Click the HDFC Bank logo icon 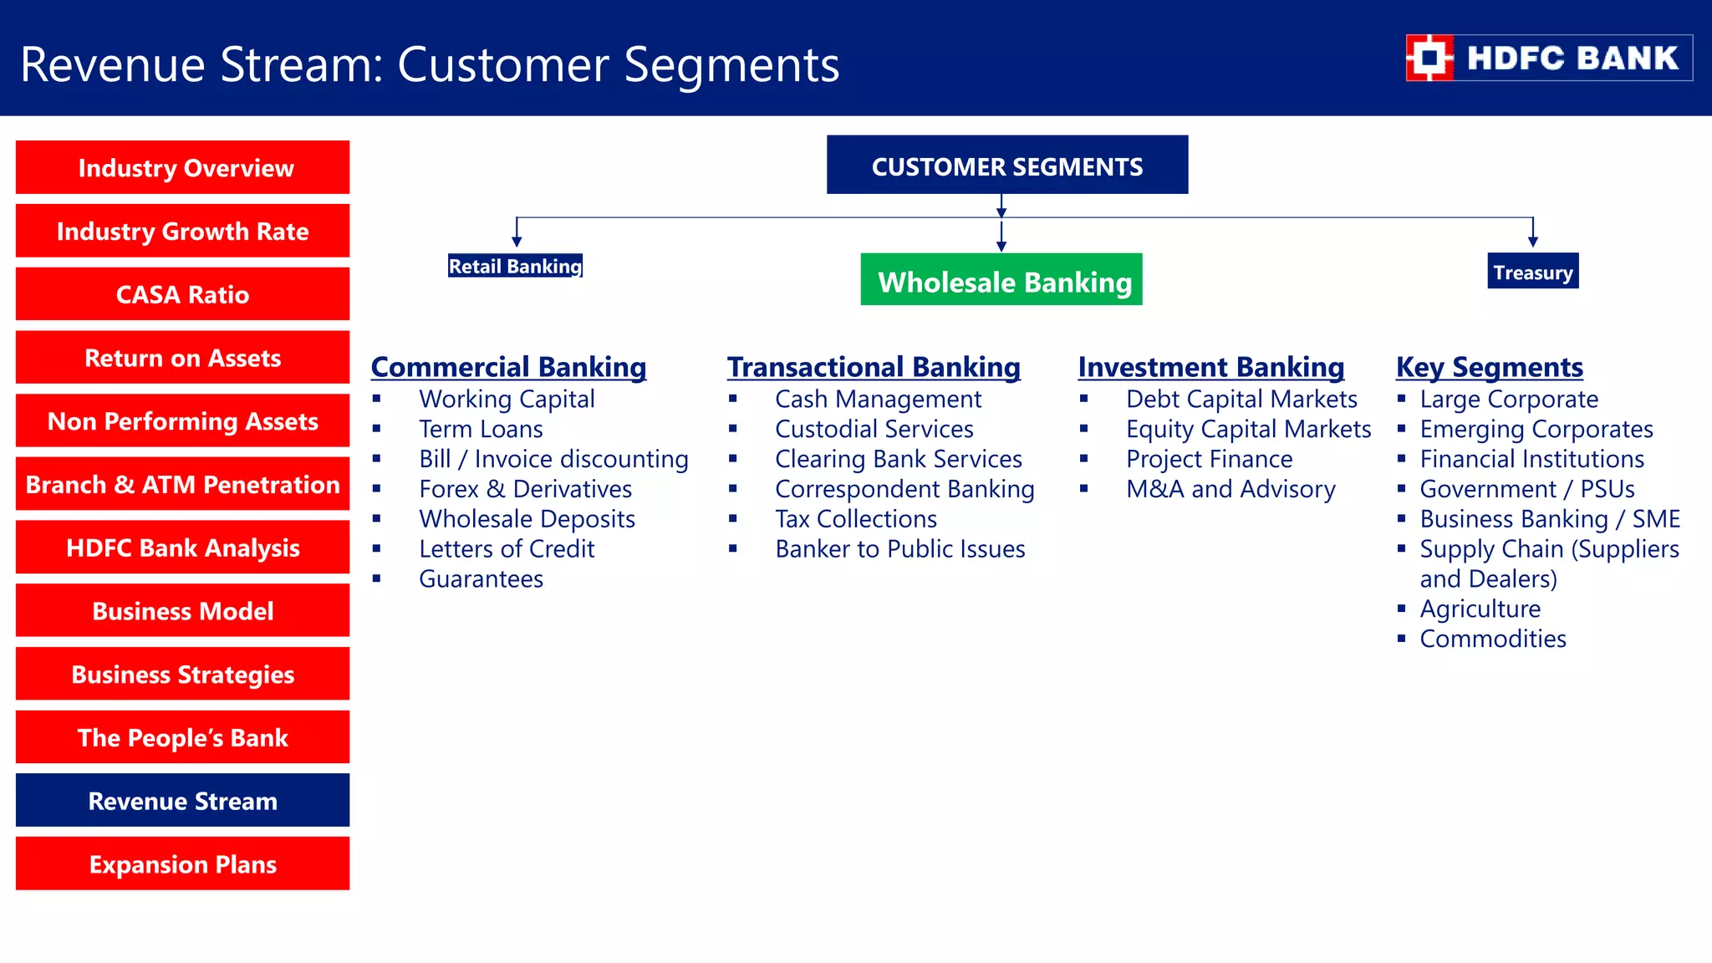click(1429, 58)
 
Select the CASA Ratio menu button click(182, 294)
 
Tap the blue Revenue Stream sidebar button click(182, 801)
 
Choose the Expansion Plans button click(182, 864)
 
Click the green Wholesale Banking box click(1001, 280)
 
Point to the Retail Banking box click(515, 266)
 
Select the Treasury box click(1532, 272)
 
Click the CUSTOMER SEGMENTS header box click(1006, 166)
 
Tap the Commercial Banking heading click(508, 367)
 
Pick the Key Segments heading click(1489, 367)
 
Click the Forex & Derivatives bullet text click(525, 489)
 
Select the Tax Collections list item click(855, 519)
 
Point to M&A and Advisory click(1230, 489)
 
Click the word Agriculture click(1480, 609)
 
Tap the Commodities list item click(1493, 639)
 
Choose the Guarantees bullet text click(481, 578)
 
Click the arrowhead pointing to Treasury click(1532, 242)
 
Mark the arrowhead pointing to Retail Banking click(517, 242)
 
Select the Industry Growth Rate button click(182, 231)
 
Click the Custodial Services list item click(874, 429)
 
